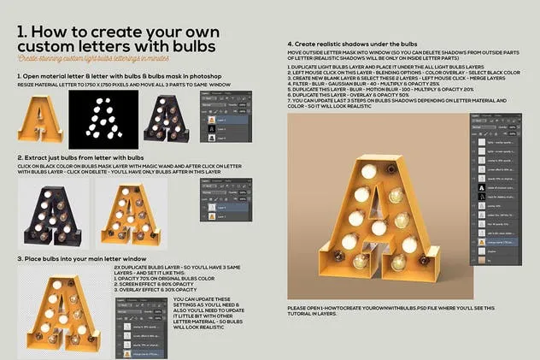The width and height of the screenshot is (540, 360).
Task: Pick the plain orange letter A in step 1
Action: (39, 120)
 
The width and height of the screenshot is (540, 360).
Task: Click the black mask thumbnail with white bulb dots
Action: (103, 118)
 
